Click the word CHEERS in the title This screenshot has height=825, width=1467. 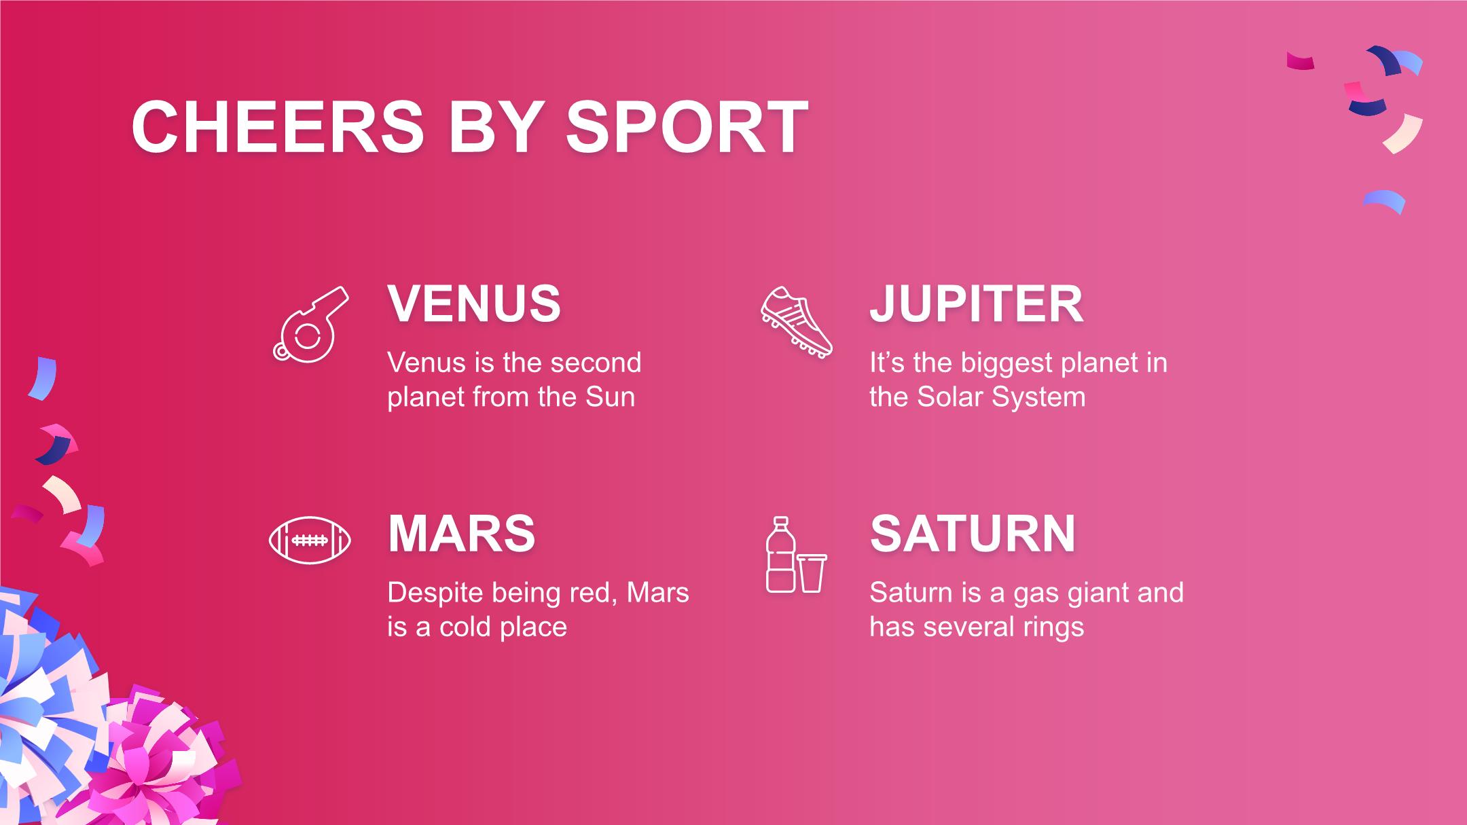tap(278, 128)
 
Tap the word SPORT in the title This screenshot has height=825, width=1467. tap(687, 128)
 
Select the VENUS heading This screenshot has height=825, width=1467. tap(474, 304)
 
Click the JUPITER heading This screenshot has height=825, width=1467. tap(976, 304)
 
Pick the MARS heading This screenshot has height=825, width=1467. tap(462, 534)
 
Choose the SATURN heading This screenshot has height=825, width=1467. tap(973, 534)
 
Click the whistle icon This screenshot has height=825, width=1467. tap(310, 324)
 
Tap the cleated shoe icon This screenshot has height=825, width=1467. tap(796, 323)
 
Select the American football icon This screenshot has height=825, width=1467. tap(310, 540)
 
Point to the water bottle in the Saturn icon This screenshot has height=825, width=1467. tap(780, 554)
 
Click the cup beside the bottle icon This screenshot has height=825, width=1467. tap(812, 573)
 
